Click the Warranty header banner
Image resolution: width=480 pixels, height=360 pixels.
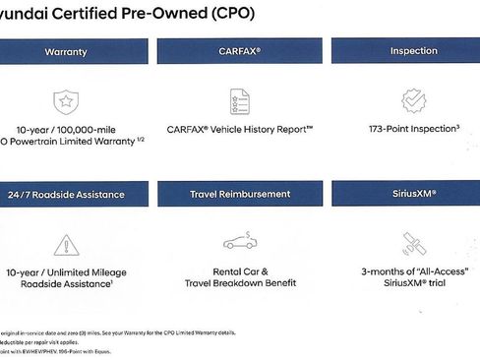click(x=66, y=51)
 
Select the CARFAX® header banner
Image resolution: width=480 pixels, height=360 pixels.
click(x=239, y=51)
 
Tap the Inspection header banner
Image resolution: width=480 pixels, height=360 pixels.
click(x=413, y=51)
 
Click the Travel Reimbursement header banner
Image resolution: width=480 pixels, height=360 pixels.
click(x=239, y=194)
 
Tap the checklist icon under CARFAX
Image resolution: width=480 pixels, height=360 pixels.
click(x=238, y=100)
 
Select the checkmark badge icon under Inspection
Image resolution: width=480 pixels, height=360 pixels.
click(x=414, y=100)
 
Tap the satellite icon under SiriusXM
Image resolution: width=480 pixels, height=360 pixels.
click(x=414, y=243)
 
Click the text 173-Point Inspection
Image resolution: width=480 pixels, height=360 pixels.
click(x=412, y=128)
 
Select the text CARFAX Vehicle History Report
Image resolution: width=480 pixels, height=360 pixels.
click(x=239, y=128)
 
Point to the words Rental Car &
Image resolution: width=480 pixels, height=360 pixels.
click(x=239, y=270)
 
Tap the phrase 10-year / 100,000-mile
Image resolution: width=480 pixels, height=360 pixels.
click(x=67, y=128)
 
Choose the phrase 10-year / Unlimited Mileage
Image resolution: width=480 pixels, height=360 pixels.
click(x=67, y=270)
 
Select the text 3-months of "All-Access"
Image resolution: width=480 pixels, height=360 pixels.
click(x=414, y=270)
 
